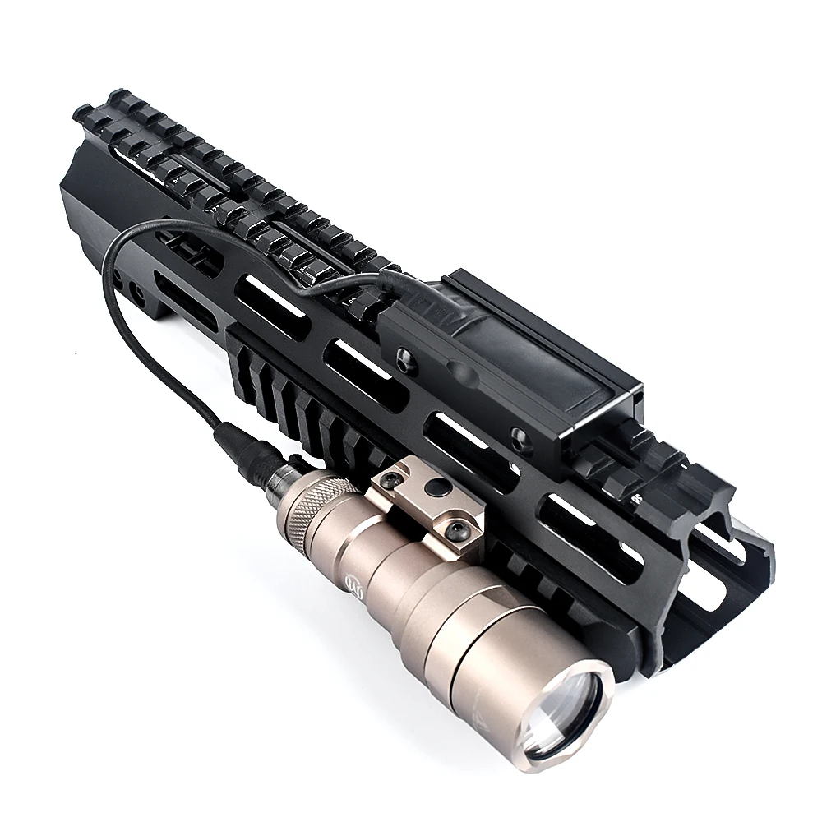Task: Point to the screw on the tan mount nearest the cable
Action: click(x=394, y=479)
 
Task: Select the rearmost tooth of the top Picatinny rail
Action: click(x=82, y=113)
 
